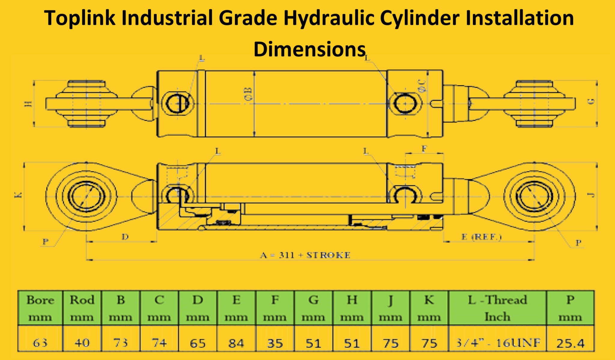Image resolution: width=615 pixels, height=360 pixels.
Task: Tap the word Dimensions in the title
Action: [x=309, y=50]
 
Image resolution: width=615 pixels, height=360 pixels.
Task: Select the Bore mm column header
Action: [x=40, y=308]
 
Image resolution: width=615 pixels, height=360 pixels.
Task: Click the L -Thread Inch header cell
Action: [x=497, y=308]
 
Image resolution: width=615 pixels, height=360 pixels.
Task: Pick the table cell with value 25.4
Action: [x=570, y=343]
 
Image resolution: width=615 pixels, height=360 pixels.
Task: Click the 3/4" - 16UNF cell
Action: [x=497, y=343]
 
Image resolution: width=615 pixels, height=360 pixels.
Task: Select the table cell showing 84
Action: [x=236, y=343]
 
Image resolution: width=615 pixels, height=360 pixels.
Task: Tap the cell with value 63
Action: [x=40, y=343]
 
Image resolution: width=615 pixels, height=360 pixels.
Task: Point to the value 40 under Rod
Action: [x=82, y=343]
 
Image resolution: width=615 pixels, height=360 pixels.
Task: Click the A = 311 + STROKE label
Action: [x=305, y=255]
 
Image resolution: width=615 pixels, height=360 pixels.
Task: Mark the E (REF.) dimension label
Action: [x=481, y=237]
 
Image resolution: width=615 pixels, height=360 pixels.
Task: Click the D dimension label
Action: [x=125, y=237]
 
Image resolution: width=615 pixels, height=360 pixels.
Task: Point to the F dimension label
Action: [x=424, y=149]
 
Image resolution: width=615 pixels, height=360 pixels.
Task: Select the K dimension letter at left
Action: [x=18, y=195]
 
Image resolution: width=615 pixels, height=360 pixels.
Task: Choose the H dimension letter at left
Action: [x=28, y=104]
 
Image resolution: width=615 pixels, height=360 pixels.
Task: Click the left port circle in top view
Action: [x=177, y=104]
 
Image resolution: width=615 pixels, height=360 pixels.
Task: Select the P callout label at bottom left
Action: [x=45, y=241]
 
